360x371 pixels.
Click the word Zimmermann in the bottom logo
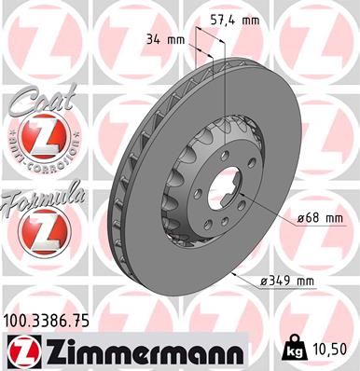(x=138, y=351)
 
